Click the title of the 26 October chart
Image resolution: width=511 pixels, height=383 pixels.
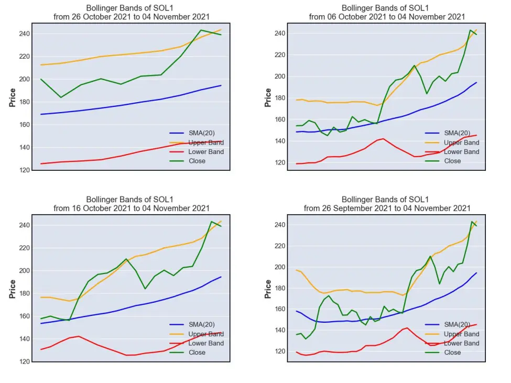[x=132, y=13]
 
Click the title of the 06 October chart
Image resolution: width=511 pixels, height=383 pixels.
[x=387, y=13]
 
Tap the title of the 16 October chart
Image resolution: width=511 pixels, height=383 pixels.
[x=132, y=204]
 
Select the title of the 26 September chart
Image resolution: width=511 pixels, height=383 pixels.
[x=387, y=204]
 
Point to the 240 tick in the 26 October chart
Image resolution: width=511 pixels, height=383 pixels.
[x=25, y=34]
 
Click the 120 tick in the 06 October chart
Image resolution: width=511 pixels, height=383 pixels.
[x=280, y=162]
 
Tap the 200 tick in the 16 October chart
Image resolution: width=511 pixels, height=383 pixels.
[x=25, y=271]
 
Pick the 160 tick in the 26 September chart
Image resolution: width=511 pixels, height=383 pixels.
[x=280, y=309]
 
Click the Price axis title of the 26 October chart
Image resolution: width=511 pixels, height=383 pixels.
[x=13, y=97]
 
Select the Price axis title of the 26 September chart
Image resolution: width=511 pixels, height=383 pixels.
[x=268, y=289]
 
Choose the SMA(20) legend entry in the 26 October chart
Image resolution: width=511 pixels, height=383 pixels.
[x=192, y=133]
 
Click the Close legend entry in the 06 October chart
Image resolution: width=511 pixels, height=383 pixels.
[x=443, y=161]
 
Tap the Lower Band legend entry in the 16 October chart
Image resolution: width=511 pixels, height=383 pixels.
[x=197, y=343]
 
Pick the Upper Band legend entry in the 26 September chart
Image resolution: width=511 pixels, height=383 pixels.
[x=452, y=334]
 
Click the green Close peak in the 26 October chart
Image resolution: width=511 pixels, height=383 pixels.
[x=201, y=30]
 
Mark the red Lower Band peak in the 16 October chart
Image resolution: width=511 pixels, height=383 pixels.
[x=79, y=336]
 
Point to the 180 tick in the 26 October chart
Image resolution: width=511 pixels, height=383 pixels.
[x=25, y=102]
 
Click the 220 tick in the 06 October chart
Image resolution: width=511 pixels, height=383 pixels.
[x=280, y=54]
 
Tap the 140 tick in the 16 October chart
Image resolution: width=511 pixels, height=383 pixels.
[x=25, y=339]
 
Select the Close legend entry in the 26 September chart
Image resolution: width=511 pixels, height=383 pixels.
[x=443, y=353]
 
